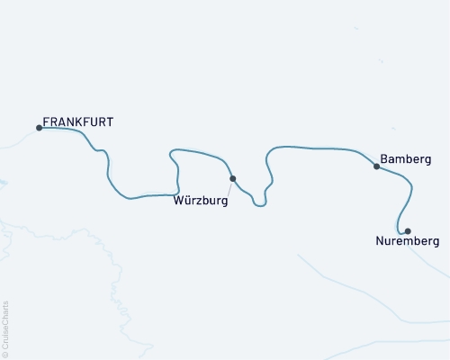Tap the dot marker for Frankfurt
click(39, 128)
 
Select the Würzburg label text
click(201, 202)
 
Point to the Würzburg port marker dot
click(232, 178)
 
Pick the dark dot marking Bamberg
click(376, 166)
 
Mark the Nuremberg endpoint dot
click(408, 231)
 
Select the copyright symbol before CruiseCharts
click(6, 354)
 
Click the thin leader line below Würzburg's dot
click(229, 189)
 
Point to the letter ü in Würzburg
click(185, 201)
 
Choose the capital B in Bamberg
click(384, 158)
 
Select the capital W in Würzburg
click(177, 202)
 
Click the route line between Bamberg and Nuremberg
click(410, 193)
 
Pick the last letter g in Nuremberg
click(436, 243)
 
